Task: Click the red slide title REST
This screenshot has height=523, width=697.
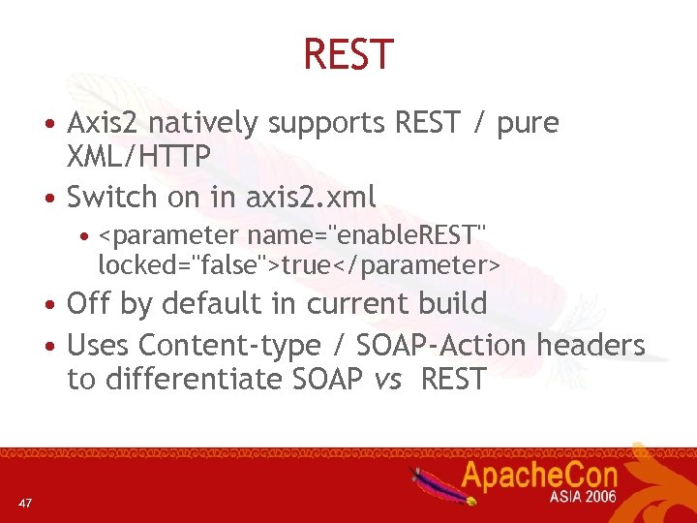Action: (x=348, y=54)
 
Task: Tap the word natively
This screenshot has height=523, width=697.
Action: (x=203, y=124)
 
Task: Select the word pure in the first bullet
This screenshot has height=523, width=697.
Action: (x=528, y=124)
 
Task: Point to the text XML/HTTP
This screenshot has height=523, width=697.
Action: (x=138, y=156)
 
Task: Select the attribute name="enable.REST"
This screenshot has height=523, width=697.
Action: (x=366, y=236)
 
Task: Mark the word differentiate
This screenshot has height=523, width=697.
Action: (x=193, y=379)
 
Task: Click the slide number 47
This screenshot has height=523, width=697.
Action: (x=25, y=502)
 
